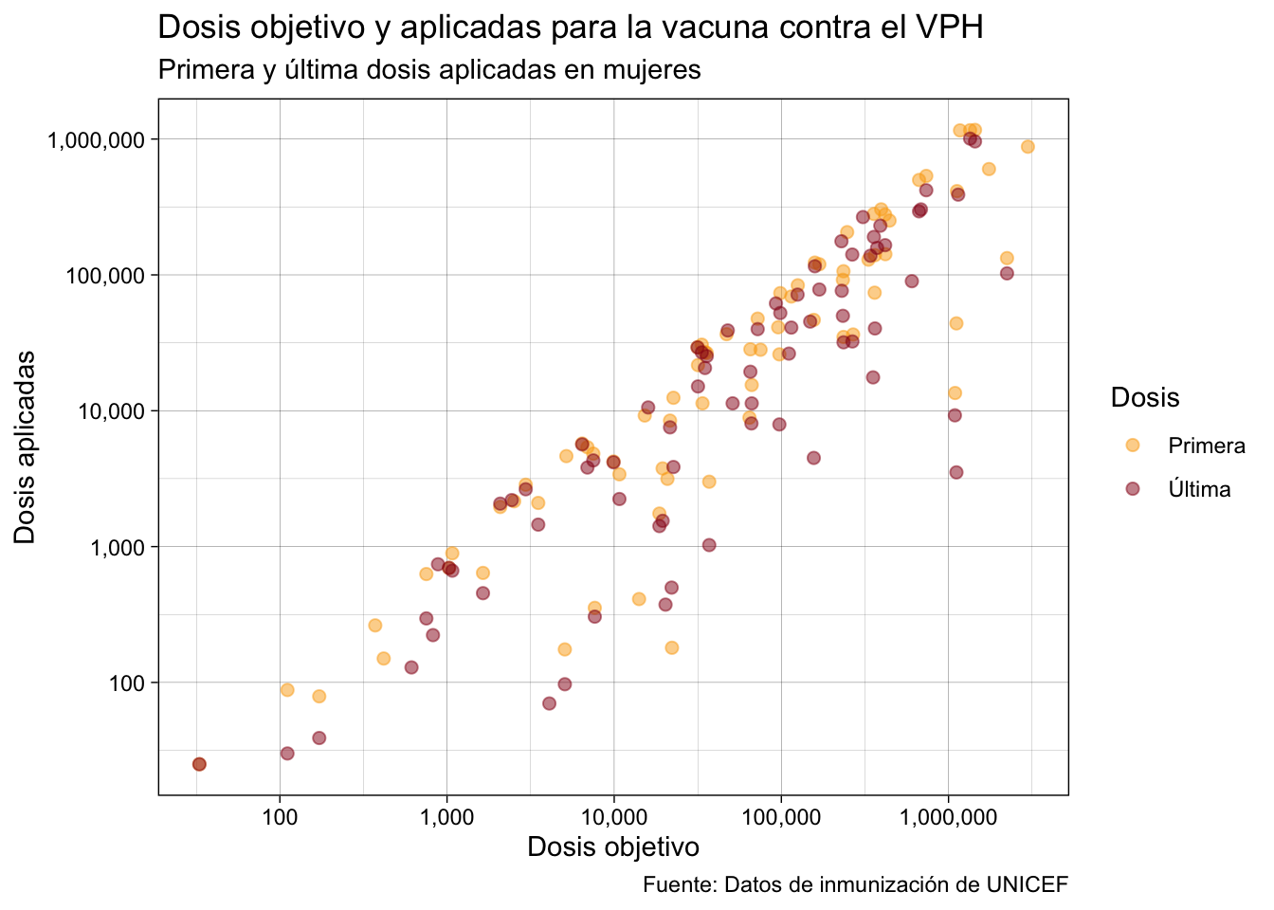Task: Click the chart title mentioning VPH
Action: click(x=571, y=27)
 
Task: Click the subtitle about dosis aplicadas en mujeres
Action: click(x=429, y=70)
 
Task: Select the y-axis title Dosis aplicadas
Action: click(x=25, y=447)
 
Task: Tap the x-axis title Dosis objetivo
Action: click(x=613, y=847)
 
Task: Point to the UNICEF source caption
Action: click(x=855, y=884)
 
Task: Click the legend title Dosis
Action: click(x=1145, y=397)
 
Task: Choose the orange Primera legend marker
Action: click(x=1133, y=446)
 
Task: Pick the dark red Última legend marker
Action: click(x=1133, y=488)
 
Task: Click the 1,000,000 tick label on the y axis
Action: click(x=96, y=140)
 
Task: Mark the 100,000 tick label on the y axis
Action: click(x=105, y=276)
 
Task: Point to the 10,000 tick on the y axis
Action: click(x=111, y=411)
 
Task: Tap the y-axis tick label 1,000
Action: click(x=118, y=547)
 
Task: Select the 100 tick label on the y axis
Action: click(x=127, y=683)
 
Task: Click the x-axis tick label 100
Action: click(x=280, y=818)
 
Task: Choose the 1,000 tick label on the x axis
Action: click(x=447, y=818)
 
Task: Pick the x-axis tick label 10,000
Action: click(x=614, y=818)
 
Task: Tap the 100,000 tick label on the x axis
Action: click(x=781, y=818)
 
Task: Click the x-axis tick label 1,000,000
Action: click(x=948, y=818)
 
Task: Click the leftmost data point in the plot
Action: click(x=199, y=764)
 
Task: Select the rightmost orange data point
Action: click(x=1028, y=147)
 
